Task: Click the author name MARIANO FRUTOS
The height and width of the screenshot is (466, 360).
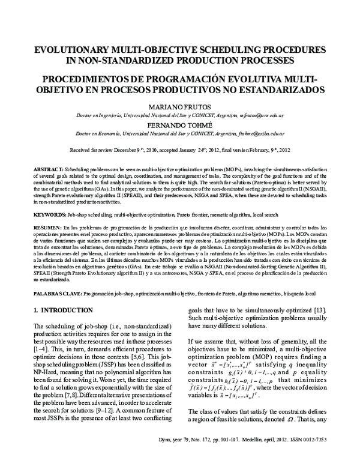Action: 180,106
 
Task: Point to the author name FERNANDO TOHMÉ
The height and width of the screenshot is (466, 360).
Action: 180,127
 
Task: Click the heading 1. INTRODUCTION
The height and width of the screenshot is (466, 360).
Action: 63,310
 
